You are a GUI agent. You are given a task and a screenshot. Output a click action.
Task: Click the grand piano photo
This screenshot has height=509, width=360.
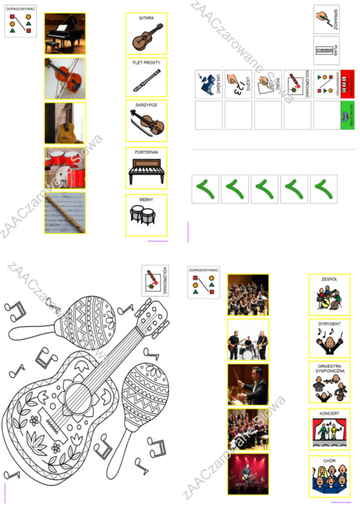click(x=64, y=33)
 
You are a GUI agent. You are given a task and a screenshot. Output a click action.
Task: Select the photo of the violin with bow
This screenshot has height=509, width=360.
click(x=64, y=78)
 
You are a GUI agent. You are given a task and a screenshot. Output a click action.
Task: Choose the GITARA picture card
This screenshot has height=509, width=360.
click(x=146, y=34)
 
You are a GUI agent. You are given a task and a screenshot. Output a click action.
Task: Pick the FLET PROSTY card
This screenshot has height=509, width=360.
click(x=146, y=78)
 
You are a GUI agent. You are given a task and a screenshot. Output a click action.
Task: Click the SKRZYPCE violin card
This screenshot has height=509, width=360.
click(x=146, y=121)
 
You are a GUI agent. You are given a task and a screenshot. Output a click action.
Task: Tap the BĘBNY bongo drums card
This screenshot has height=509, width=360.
click(x=146, y=212)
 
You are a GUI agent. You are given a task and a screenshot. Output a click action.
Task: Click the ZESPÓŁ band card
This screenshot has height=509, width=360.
click(x=328, y=295)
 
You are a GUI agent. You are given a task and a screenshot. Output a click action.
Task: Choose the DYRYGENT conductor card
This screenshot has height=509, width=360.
click(x=328, y=340)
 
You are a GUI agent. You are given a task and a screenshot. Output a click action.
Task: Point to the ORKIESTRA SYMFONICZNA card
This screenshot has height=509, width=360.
click(x=328, y=383)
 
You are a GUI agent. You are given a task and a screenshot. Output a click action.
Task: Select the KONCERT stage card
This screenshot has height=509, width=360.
click(x=328, y=428)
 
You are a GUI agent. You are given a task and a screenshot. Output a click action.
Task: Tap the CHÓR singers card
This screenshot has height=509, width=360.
click(x=328, y=475)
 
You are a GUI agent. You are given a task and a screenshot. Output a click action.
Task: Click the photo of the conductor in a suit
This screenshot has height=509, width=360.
click(x=247, y=384)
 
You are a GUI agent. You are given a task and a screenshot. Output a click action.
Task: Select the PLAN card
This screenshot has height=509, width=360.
click(x=325, y=52)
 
